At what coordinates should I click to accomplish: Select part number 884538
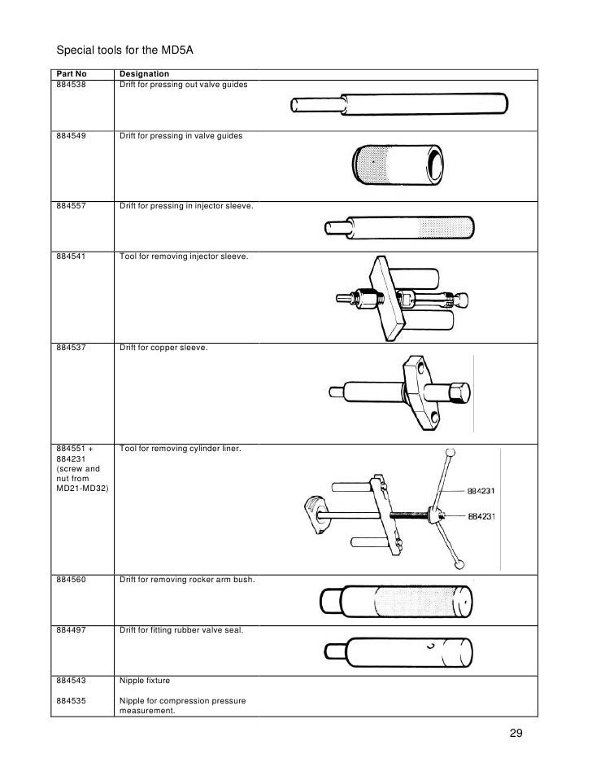click(x=73, y=84)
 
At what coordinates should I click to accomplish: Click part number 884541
click(x=73, y=256)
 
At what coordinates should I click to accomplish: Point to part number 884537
click(x=73, y=348)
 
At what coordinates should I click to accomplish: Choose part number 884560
click(x=73, y=580)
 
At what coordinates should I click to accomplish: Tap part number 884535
click(x=73, y=700)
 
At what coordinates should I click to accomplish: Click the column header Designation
click(x=144, y=74)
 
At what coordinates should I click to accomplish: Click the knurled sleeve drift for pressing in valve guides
click(x=398, y=166)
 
